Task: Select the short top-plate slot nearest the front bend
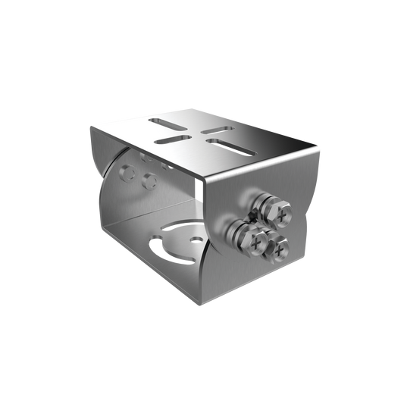(x=171, y=139)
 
